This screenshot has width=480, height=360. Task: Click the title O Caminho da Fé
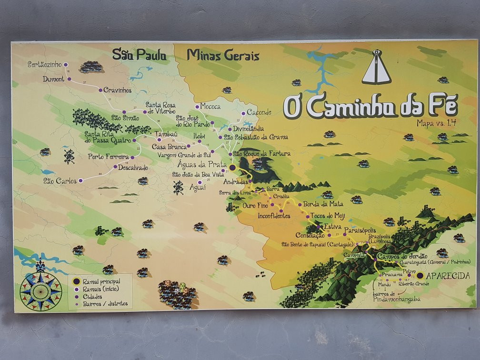(x=370, y=106)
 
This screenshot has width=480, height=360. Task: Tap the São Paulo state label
(x=139, y=55)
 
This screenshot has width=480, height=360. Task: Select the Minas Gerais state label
(x=223, y=55)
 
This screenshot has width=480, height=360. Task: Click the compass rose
(x=40, y=290)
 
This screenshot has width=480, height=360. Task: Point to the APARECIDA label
(x=448, y=276)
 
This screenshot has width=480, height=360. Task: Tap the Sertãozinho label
(x=45, y=64)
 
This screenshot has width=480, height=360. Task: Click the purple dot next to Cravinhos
(x=100, y=90)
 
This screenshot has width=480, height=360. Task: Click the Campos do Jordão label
(x=402, y=257)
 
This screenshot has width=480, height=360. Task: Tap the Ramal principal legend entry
(x=101, y=281)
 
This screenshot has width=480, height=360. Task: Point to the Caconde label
(x=259, y=112)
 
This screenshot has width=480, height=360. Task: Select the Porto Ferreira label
(x=108, y=157)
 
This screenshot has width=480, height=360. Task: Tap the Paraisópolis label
(x=363, y=230)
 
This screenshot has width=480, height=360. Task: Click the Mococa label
(x=210, y=106)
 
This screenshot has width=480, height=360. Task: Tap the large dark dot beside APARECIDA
(x=420, y=275)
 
